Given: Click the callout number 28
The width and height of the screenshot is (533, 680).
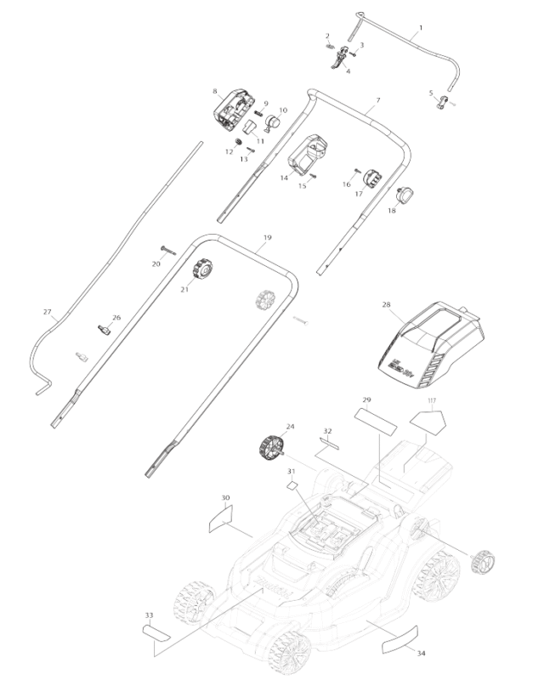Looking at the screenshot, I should [x=387, y=304].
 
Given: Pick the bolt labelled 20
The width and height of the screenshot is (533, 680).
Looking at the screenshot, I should [x=164, y=250].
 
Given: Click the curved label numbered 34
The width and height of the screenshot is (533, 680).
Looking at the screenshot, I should [x=400, y=634].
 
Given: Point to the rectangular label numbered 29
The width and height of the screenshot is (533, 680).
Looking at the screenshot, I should [x=375, y=420].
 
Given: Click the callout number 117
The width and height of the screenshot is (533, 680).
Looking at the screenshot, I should [x=432, y=399].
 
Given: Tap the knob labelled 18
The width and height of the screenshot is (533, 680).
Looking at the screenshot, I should [x=403, y=194].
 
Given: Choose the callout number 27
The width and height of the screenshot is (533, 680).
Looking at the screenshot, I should [x=48, y=312].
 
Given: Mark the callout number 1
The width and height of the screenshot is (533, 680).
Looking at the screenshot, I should [x=419, y=29].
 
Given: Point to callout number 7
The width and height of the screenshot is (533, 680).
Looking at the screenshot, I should [x=377, y=100].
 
